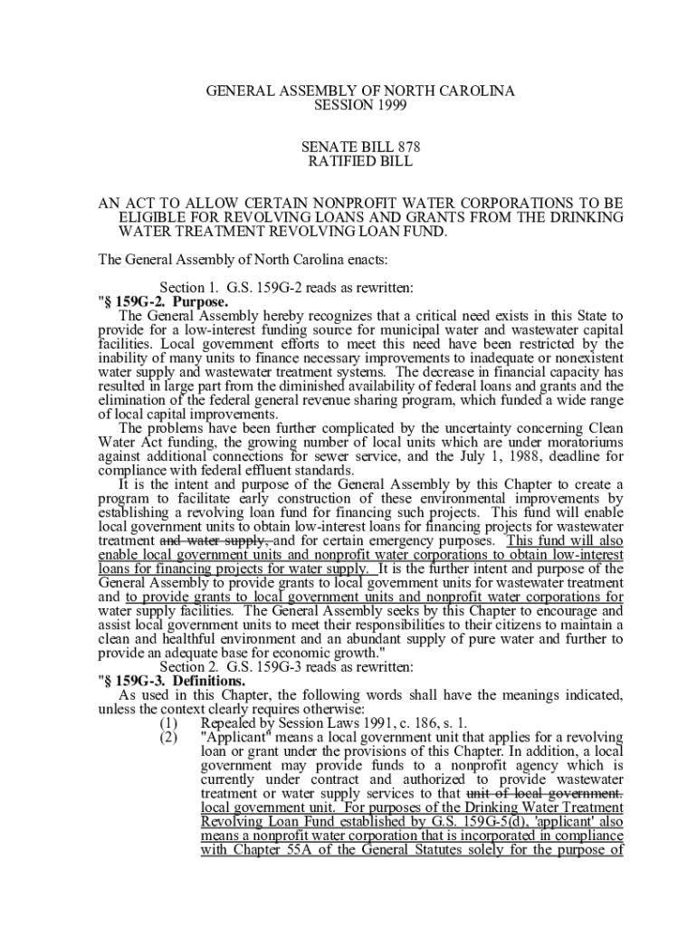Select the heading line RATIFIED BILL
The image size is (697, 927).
[x=360, y=162]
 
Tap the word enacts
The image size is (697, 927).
[x=364, y=260]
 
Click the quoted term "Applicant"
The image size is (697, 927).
[x=236, y=738]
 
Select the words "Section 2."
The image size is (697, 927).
[x=187, y=666]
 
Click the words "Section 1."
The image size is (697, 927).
[x=187, y=288]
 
